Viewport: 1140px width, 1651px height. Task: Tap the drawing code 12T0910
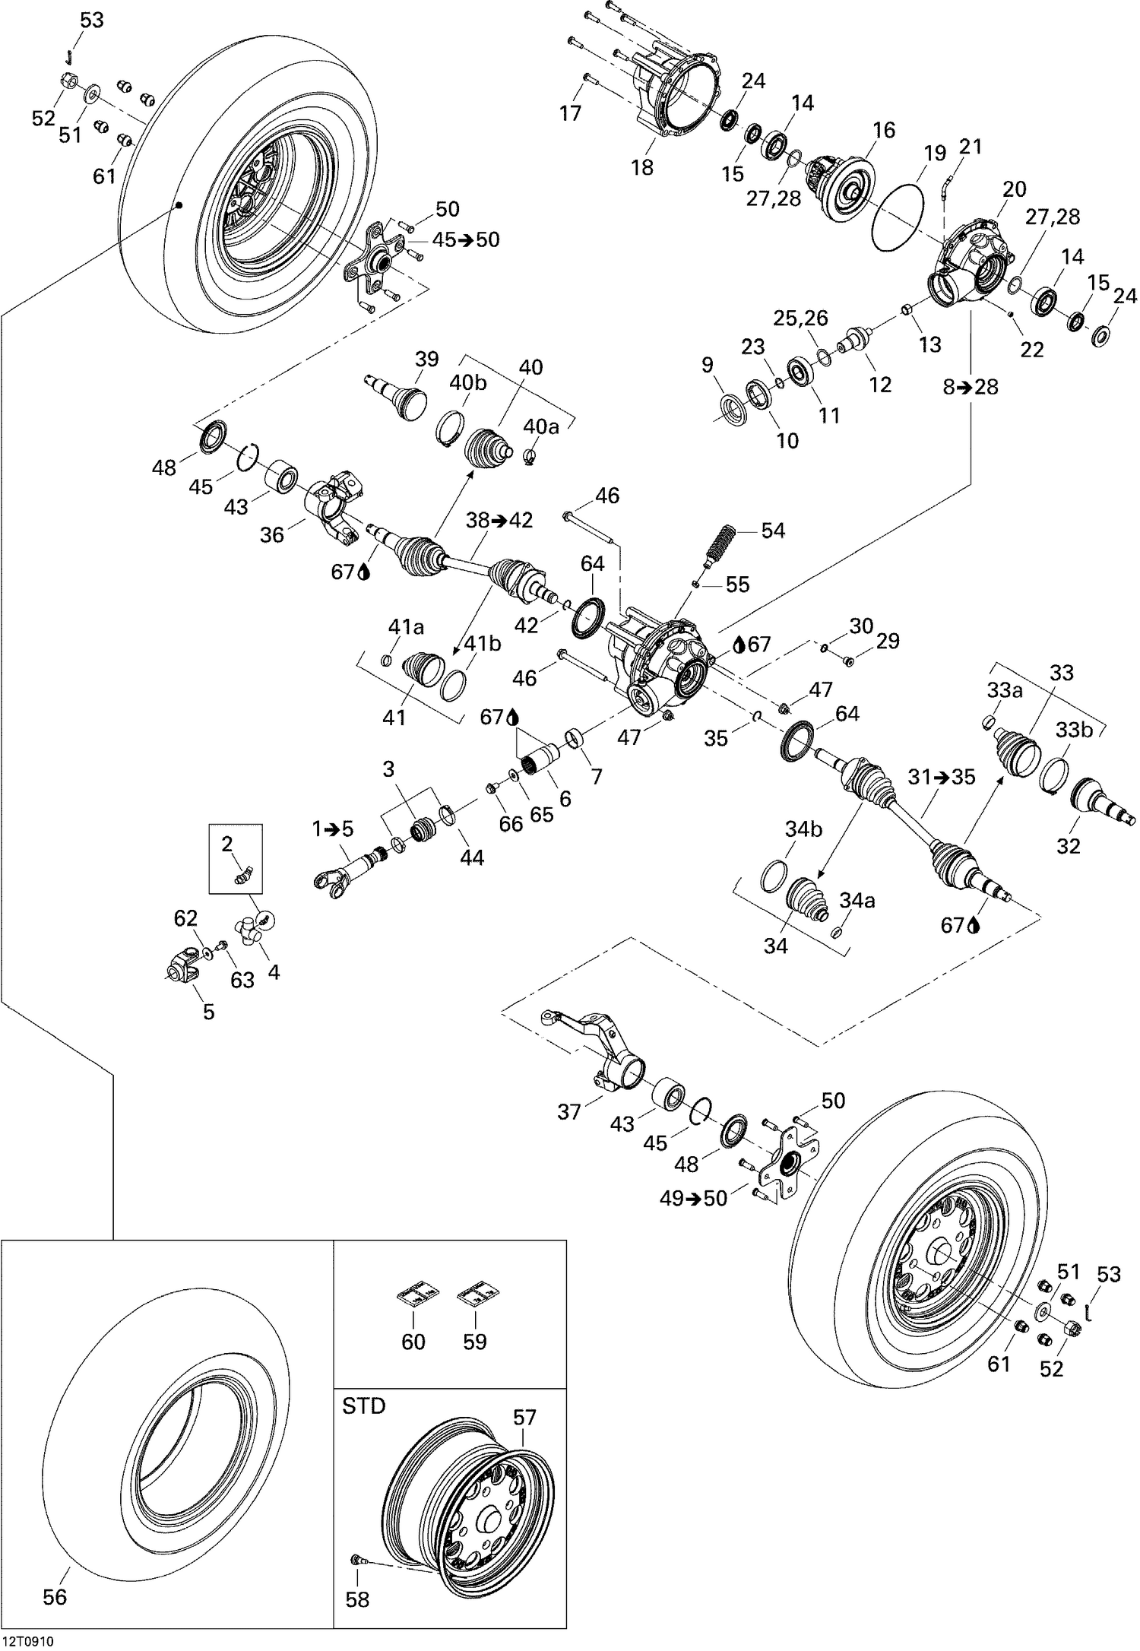click(x=29, y=1641)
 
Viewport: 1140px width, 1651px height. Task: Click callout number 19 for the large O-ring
click(x=935, y=153)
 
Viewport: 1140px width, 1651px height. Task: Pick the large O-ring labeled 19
click(x=898, y=216)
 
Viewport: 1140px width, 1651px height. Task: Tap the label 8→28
click(x=971, y=386)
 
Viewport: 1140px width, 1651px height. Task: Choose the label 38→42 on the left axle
click(x=499, y=521)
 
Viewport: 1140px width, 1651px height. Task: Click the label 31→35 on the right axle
click(x=941, y=778)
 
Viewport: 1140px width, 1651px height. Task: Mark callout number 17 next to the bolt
click(x=570, y=113)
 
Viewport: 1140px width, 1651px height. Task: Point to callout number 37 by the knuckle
click(x=568, y=1112)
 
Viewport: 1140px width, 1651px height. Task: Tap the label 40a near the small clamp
click(x=540, y=426)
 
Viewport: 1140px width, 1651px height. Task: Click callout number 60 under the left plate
click(x=413, y=1342)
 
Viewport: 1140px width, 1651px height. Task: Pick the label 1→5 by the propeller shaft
click(x=333, y=829)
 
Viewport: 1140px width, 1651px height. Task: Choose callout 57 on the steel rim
click(x=524, y=1418)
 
